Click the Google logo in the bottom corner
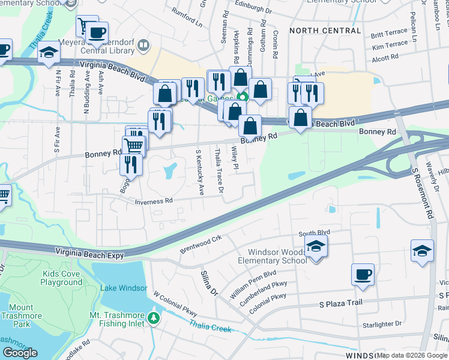[20, 352]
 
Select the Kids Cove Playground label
[62, 278]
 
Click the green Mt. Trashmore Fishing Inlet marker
[154, 317]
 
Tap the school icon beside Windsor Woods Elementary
[316, 247]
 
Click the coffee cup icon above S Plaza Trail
[363, 275]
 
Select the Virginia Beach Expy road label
[89, 254]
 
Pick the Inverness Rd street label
[154, 202]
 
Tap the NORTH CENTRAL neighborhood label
[325, 31]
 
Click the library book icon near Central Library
[143, 45]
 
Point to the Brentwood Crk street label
[201, 243]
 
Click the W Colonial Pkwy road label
[175, 304]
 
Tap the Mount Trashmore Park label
[21, 316]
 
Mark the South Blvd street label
[315, 232]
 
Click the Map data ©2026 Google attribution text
[412, 355]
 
